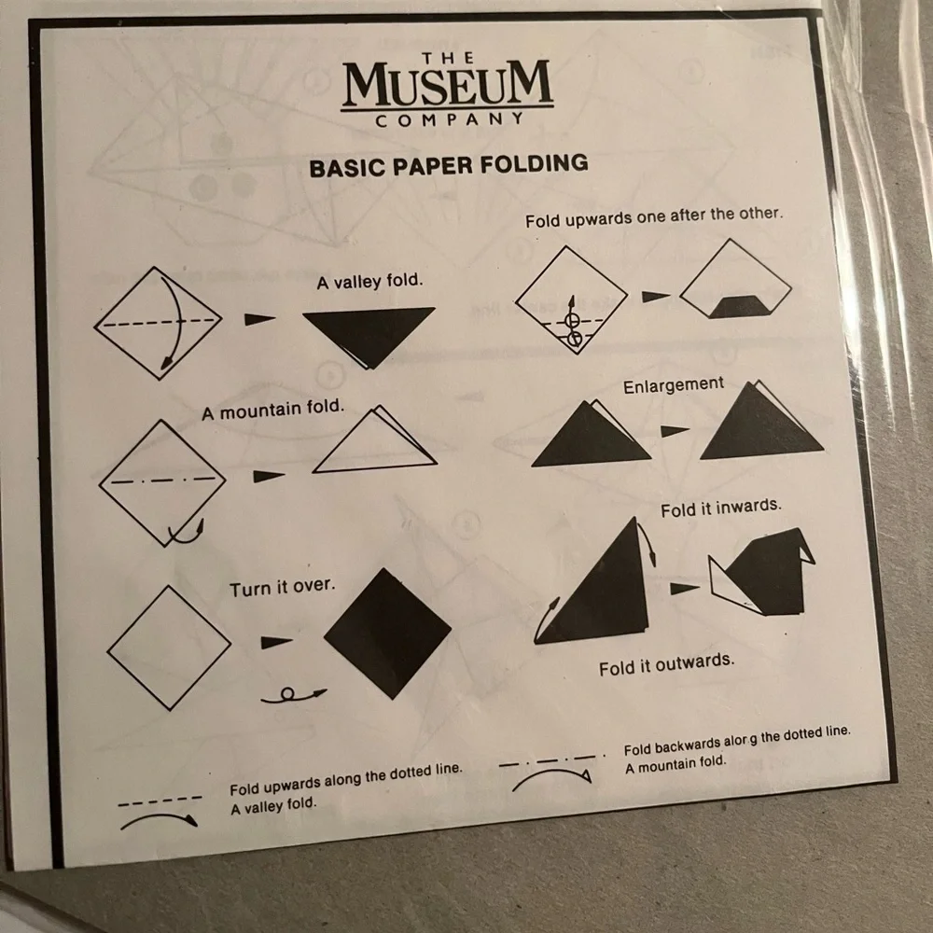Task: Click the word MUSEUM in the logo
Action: [x=447, y=86]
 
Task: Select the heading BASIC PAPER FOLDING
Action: [x=448, y=166]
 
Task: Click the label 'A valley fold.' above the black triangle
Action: [x=369, y=281]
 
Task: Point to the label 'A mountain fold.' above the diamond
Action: [x=273, y=409]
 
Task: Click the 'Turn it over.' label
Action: [x=282, y=589]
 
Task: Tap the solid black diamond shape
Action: [x=387, y=633]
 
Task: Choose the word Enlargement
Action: [x=674, y=384]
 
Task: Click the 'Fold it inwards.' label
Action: [x=720, y=508]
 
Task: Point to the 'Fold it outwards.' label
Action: [x=666, y=664]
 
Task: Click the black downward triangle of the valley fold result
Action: [x=370, y=330]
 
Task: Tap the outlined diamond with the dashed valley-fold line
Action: [x=158, y=322]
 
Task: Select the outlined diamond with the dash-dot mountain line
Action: [x=162, y=481]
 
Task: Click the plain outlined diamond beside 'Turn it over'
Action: [x=169, y=647]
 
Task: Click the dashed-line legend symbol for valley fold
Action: [x=160, y=800]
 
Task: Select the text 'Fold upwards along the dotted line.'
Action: [x=346, y=775]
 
